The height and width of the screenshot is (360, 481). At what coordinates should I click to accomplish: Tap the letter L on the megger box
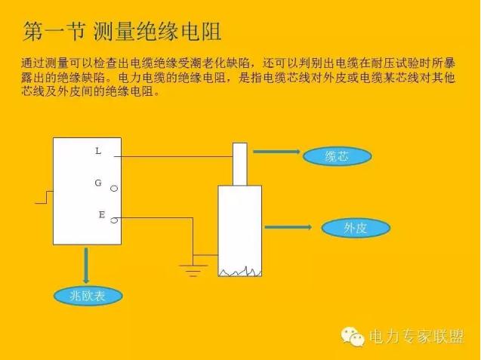click(x=98, y=151)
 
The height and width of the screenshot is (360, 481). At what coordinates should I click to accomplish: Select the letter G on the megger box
click(x=98, y=183)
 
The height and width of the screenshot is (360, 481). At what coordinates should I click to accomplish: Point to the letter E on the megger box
click(x=102, y=215)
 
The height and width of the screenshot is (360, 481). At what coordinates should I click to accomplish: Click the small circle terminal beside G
click(x=114, y=188)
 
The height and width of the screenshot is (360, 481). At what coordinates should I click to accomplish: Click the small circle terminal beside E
click(x=114, y=220)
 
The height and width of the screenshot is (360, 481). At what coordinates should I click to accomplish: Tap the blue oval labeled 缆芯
click(x=337, y=156)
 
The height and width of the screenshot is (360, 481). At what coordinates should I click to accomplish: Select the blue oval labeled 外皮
click(x=355, y=227)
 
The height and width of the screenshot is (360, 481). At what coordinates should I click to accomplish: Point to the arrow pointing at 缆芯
click(x=277, y=152)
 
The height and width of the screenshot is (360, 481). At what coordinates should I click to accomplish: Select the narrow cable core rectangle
click(x=240, y=162)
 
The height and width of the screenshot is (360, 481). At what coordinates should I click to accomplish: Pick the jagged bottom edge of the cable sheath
click(x=239, y=270)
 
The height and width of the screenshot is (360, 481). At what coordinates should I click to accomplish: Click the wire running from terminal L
click(x=177, y=157)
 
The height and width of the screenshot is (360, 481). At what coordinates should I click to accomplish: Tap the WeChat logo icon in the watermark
click(x=353, y=337)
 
